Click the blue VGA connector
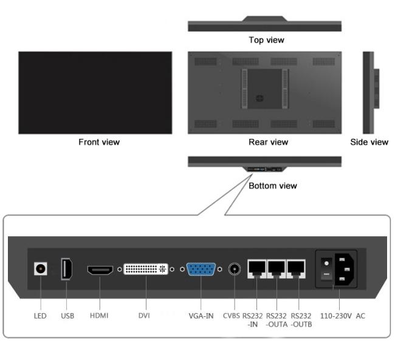(x=201, y=269)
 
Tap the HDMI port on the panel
(x=100, y=270)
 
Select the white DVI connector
(x=146, y=269)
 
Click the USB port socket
(x=66, y=269)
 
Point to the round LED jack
(x=41, y=268)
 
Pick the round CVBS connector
(x=235, y=269)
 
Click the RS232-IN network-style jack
(x=256, y=269)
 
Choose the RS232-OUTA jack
(x=276, y=269)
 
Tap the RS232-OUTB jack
(x=297, y=269)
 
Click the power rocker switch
(x=326, y=269)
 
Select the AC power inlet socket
(x=345, y=269)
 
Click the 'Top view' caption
(x=267, y=40)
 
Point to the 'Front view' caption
(x=99, y=142)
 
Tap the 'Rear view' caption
(x=268, y=142)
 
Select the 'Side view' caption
(x=369, y=142)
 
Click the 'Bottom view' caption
(x=273, y=186)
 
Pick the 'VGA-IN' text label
(x=201, y=316)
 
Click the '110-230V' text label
(x=336, y=316)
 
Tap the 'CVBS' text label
(x=232, y=316)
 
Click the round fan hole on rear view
(x=259, y=98)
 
